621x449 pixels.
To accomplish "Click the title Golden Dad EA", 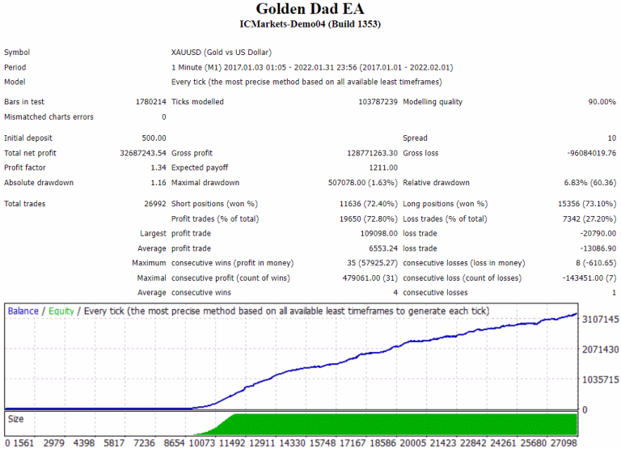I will (310, 9).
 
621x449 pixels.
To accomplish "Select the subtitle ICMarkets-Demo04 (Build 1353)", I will (310, 24).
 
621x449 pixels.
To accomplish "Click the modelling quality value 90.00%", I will (601, 102).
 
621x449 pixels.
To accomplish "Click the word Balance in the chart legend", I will (23, 311).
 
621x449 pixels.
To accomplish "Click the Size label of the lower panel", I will (15, 419).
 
